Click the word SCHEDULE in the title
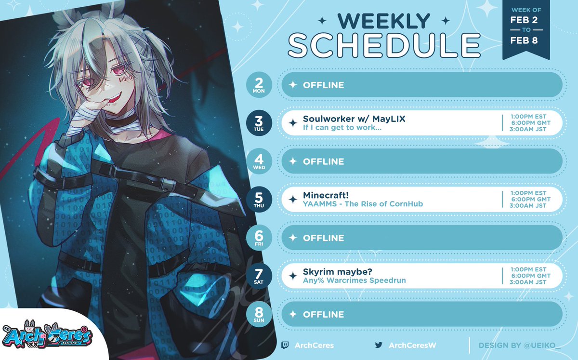click(x=384, y=46)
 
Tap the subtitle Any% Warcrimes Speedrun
click(x=355, y=280)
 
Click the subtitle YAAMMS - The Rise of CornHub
click(x=363, y=204)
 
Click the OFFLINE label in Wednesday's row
click(x=323, y=161)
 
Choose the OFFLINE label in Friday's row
click(x=323, y=238)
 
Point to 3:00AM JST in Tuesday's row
click(x=529, y=129)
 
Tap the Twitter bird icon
click(x=379, y=345)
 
